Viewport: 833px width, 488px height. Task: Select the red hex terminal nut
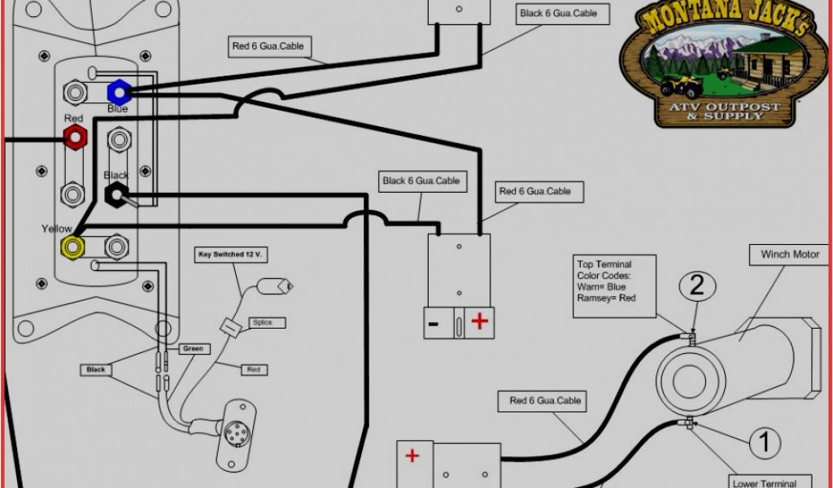point(75,137)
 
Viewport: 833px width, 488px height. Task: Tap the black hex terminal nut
point(116,194)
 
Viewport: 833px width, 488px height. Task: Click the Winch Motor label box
point(790,255)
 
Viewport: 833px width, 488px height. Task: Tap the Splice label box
point(262,323)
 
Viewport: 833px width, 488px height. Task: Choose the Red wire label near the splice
point(253,370)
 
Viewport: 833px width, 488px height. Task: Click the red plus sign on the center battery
point(480,322)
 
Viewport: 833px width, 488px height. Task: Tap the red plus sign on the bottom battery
point(412,456)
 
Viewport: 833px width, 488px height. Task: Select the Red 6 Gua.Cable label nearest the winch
point(546,400)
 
